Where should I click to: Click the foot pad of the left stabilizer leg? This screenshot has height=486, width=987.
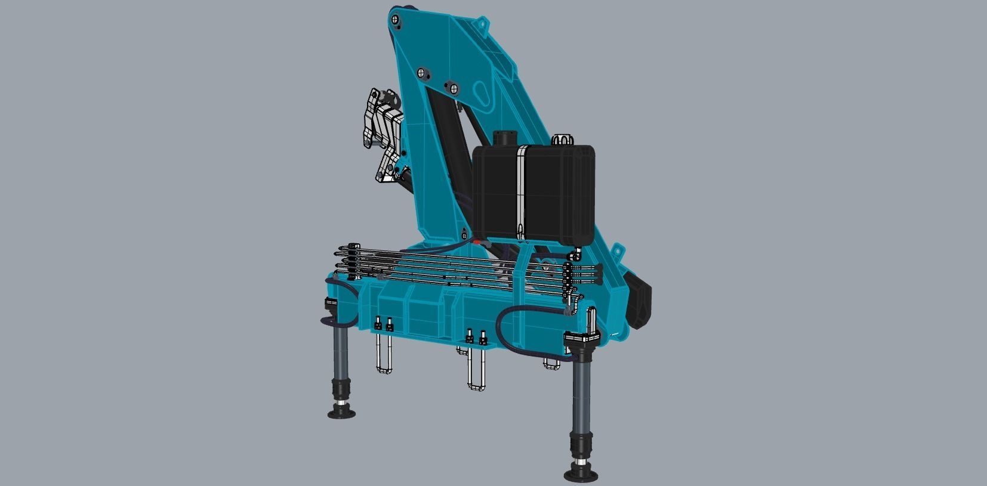pyautogui.click(x=342, y=413)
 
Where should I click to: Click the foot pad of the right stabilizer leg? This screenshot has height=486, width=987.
pyautogui.click(x=581, y=475)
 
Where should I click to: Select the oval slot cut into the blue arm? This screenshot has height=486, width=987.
pyautogui.click(x=482, y=94)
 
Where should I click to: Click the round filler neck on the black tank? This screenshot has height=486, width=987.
pyautogui.click(x=504, y=138)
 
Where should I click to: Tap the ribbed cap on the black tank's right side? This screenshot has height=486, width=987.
pyautogui.click(x=560, y=140)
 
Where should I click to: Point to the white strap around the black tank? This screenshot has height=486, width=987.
pyautogui.click(x=521, y=191)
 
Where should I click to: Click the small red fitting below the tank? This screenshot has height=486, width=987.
pyautogui.click(x=477, y=242)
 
